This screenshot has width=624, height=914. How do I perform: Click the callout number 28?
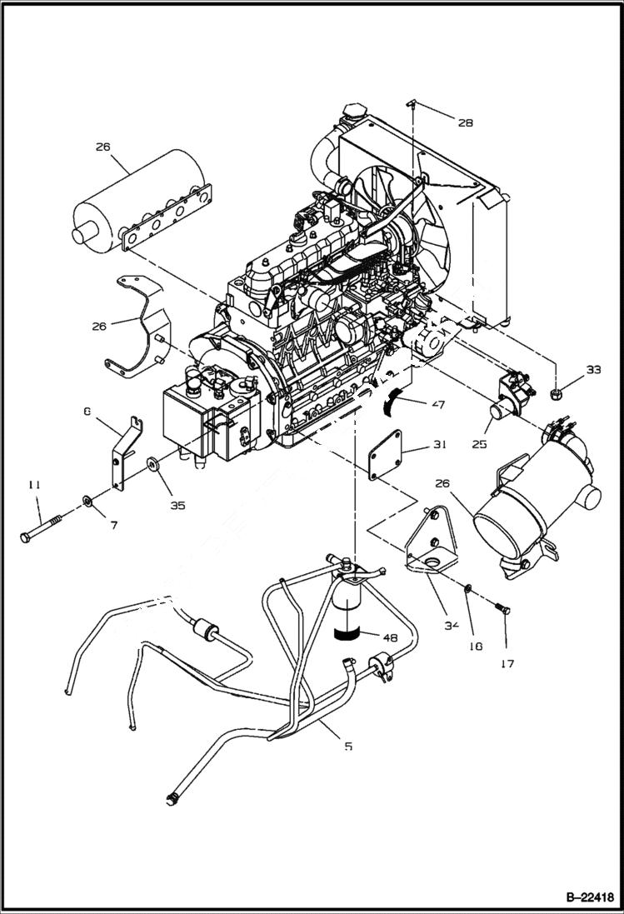point(465,122)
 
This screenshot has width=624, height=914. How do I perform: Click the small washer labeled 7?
point(87,502)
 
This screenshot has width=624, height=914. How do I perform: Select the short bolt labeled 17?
point(502,617)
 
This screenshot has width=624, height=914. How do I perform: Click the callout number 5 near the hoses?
point(348,746)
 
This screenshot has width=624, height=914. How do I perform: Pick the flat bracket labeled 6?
point(121,451)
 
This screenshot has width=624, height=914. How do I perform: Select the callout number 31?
point(440,444)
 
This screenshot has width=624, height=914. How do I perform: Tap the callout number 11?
point(34,484)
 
